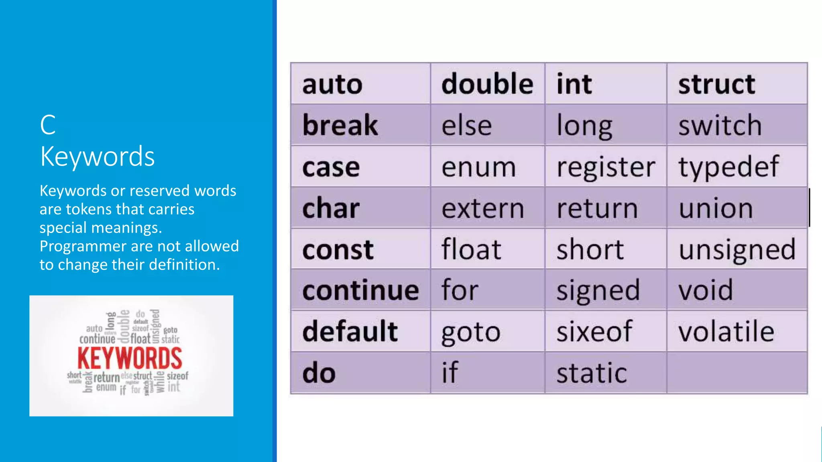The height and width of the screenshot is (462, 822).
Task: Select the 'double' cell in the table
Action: tap(487, 84)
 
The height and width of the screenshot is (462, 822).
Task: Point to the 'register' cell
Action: tap(606, 167)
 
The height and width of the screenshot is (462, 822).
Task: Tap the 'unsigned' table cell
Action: tap(737, 249)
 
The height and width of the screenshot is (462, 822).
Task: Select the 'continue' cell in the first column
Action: tap(360, 290)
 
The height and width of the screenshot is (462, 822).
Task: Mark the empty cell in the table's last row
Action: tap(737, 373)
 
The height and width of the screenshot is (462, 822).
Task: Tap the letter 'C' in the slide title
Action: tap(48, 125)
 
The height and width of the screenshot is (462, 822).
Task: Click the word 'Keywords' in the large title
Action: tap(98, 156)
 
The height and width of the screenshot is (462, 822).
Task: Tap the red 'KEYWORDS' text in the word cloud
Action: tap(130, 358)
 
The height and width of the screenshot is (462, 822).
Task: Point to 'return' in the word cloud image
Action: tap(106, 377)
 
